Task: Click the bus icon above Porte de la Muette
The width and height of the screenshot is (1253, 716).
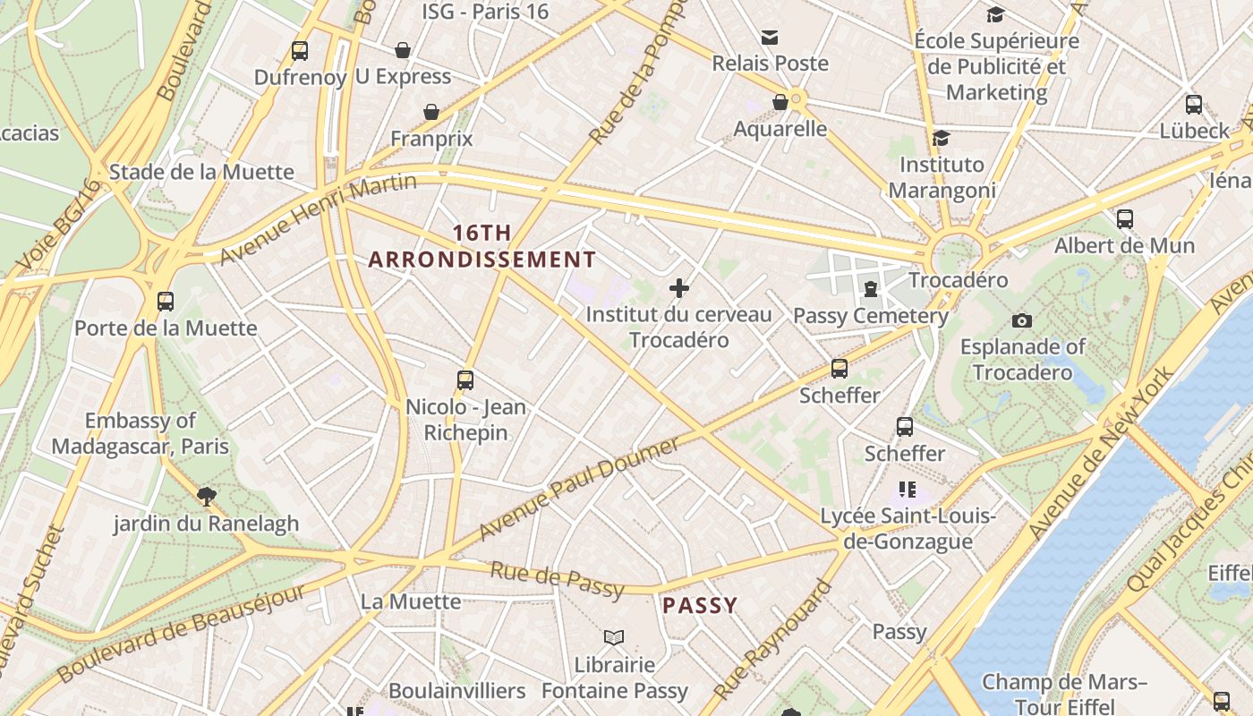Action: [166, 301]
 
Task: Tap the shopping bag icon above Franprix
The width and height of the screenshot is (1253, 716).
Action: [431, 112]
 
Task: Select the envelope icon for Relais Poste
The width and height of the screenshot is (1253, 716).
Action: [770, 37]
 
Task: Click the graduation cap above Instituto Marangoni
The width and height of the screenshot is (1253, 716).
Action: [941, 138]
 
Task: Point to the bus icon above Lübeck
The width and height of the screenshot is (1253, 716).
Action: [1193, 104]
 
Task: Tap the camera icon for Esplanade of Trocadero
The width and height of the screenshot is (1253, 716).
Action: [1021, 320]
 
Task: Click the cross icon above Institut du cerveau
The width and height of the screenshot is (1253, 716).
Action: [679, 288]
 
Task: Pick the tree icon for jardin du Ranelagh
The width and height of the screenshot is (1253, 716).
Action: [207, 496]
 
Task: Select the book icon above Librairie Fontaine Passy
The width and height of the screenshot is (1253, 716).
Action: [614, 637]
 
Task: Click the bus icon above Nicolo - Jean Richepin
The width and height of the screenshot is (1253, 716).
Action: [465, 379]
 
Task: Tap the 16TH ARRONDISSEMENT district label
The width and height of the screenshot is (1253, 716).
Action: [482, 246]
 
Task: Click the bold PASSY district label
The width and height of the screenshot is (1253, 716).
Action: [700, 606]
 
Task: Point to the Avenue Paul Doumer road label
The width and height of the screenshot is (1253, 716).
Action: [579, 489]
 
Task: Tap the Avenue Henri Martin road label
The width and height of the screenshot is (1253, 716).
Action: [319, 217]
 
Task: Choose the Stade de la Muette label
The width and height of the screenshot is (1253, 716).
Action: [201, 172]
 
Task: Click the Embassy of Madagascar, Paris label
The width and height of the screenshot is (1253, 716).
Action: [141, 433]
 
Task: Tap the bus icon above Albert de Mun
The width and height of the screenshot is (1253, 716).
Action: [1125, 218]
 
